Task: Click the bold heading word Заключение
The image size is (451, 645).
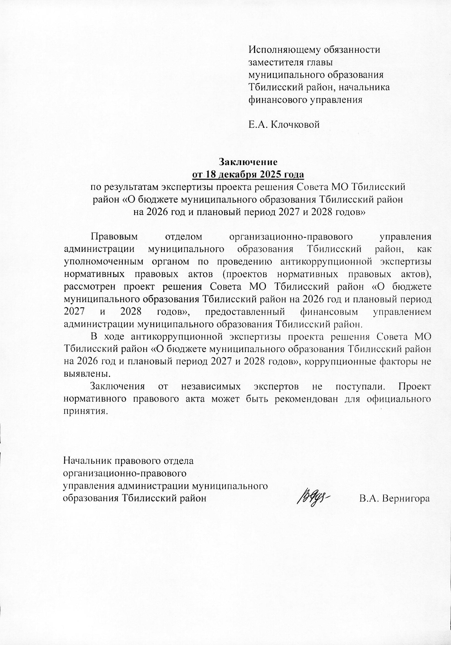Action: (x=248, y=162)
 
